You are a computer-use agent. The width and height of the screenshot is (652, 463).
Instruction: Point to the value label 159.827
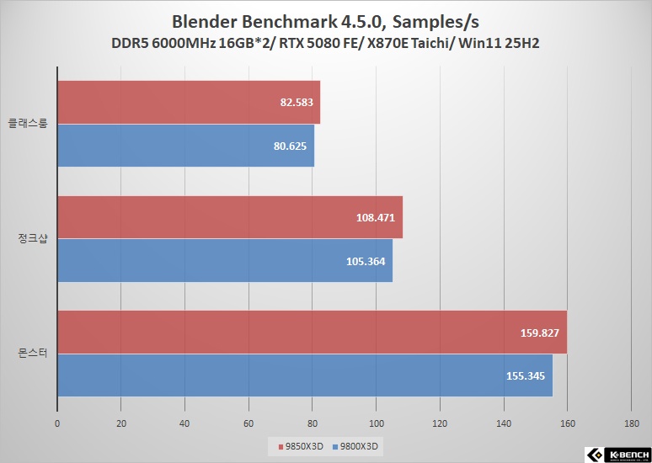tap(539, 333)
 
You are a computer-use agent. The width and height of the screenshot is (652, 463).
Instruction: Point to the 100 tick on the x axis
tap(376, 423)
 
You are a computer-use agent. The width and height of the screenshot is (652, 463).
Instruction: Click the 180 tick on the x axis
tap(631, 423)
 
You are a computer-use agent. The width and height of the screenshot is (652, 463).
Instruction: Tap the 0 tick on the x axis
tap(57, 423)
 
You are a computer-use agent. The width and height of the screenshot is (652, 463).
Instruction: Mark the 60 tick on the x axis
tap(249, 423)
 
